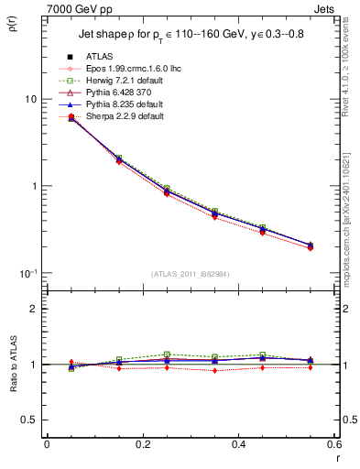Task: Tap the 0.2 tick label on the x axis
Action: (142, 445)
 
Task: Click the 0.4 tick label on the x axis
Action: (238, 445)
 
